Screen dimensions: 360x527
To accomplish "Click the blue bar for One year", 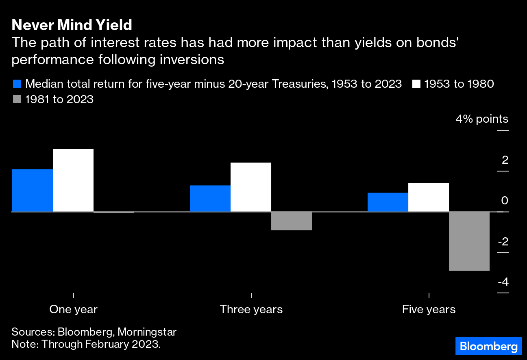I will pos(33,190).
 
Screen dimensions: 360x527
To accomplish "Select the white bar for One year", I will pos(73,180).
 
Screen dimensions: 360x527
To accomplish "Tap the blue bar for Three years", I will pos(210,198).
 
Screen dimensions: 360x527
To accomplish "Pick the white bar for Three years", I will pos(251,187).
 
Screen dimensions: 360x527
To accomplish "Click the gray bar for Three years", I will pos(292,221).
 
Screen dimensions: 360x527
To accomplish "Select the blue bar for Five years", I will pos(388,202).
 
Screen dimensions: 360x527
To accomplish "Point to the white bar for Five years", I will pos(429,197).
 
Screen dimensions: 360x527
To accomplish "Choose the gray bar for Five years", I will pos(469,241).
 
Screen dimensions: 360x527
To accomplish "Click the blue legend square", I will pos(17,84).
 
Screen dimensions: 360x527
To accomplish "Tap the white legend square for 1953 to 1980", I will pos(416,84).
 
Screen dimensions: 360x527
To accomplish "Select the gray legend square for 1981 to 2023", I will pos(17,99).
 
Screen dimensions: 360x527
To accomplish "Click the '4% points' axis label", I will pos(482,119).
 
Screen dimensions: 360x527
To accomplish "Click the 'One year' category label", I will pos(73,309).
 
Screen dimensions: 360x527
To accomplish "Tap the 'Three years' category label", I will pos(251,309).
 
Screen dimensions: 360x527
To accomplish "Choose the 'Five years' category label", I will pos(429,309).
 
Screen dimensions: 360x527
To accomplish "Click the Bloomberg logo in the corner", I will pos(488,346).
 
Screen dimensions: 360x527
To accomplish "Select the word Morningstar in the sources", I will pos(147,332).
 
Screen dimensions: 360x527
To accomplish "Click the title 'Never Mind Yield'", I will pos(72,25).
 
